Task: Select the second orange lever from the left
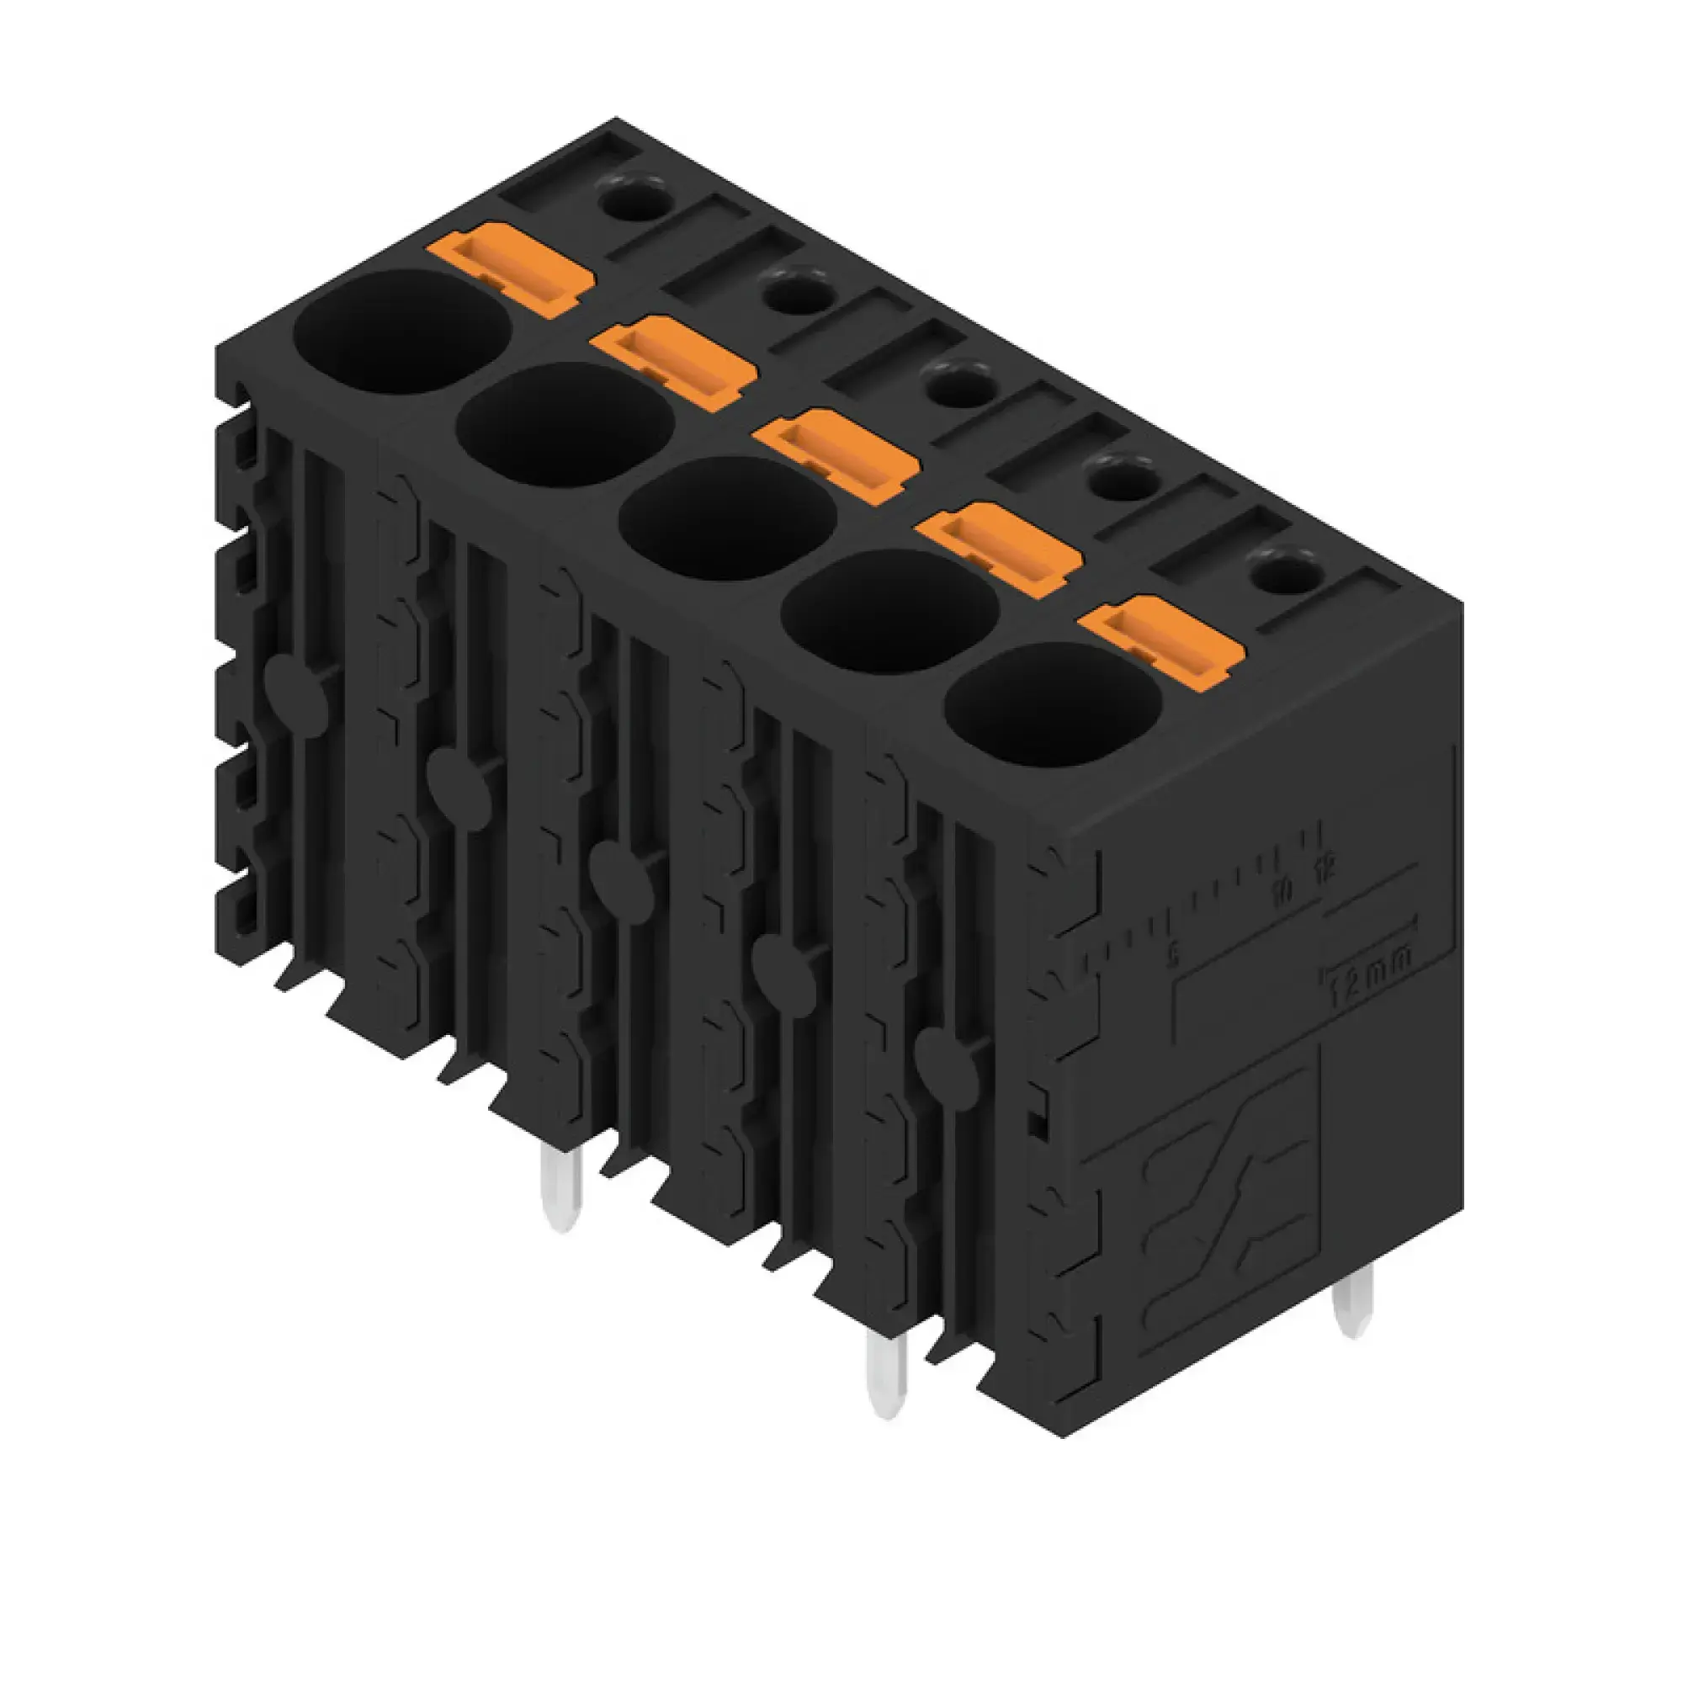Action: [672, 361]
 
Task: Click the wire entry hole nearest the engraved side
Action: [1053, 706]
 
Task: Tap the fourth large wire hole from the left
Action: [889, 611]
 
